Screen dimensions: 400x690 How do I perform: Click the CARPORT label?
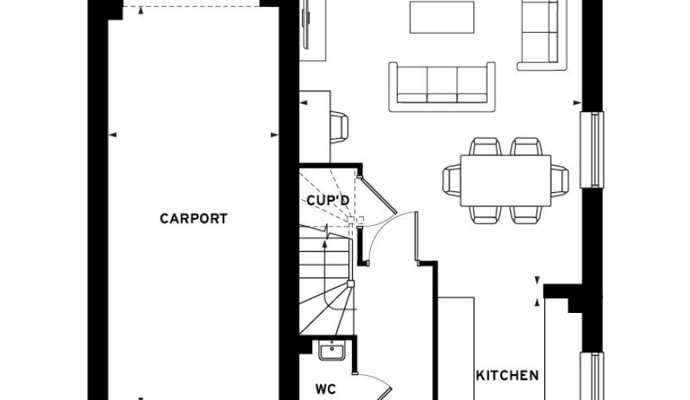click(x=194, y=219)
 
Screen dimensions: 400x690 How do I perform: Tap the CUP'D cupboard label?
click(x=328, y=200)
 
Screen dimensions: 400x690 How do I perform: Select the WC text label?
click(x=325, y=387)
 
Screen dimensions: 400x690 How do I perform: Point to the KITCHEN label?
click(x=507, y=375)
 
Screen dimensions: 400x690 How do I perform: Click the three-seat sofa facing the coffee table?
click(x=443, y=83)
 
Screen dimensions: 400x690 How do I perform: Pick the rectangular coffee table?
click(x=441, y=18)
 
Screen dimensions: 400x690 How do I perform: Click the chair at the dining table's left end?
click(x=452, y=180)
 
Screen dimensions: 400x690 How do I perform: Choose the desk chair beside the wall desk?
click(x=340, y=126)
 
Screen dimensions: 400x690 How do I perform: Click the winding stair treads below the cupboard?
click(x=325, y=294)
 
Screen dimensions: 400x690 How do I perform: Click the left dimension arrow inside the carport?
click(x=112, y=135)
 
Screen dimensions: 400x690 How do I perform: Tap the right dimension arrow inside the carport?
click(x=274, y=135)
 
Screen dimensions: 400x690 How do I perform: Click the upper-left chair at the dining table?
click(x=485, y=147)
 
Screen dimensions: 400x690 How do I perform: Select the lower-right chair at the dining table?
click(x=525, y=213)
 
